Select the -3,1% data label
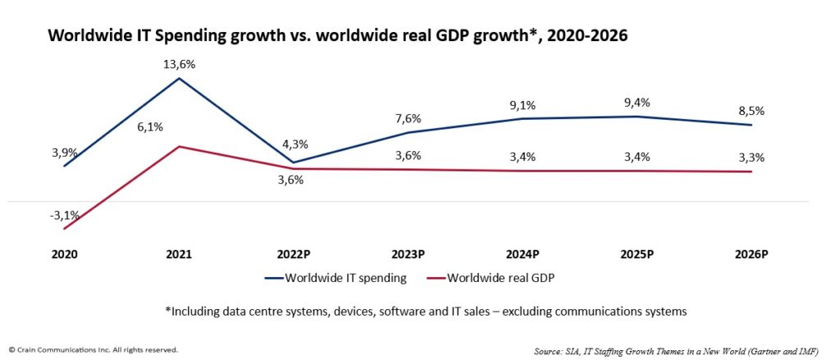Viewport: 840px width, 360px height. (65, 216)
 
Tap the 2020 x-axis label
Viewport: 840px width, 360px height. (65, 255)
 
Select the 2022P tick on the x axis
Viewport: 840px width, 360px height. (293, 255)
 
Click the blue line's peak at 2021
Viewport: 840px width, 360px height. (179, 78)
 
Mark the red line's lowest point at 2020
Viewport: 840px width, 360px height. (65, 229)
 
